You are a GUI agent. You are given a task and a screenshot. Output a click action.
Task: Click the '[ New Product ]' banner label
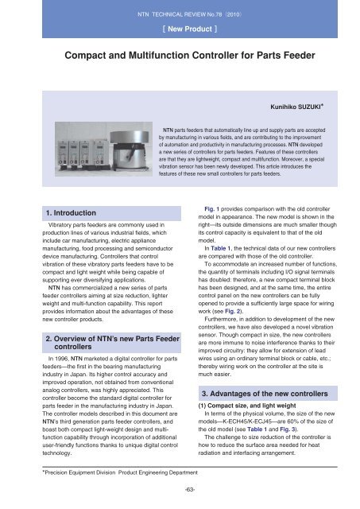pyautogui.click(x=190, y=29)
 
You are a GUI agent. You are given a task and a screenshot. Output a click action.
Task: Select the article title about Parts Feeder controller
pyautogui.click(x=190, y=55)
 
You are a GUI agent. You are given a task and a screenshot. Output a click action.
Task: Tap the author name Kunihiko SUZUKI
pyautogui.click(x=296, y=107)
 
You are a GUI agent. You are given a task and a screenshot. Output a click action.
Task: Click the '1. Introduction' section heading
pyautogui.click(x=71, y=213)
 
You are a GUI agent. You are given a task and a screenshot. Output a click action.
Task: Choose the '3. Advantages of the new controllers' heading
pyautogui.click(x=265, y=394)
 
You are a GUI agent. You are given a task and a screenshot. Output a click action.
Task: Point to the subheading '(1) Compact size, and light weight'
pyautogui.click(x=247, y=406)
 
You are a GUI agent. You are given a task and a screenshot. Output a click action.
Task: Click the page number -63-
pyautogui.click(x=190, y=490)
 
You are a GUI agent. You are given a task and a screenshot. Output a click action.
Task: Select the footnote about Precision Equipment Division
pyautogui.click(x=120, y=472)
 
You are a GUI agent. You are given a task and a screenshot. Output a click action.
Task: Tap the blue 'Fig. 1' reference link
pyautogui.click(x=211, y=209)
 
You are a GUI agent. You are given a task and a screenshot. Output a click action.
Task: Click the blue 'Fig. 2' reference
pyautogui.click(x=233, y=311)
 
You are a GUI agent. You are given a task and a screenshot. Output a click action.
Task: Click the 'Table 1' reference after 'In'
pyautogui.click(x=221, y=248)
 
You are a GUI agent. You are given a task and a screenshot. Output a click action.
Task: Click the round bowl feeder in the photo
pyautogui.click(x=130, y=150)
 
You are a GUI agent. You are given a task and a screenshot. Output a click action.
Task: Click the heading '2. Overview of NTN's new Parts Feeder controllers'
pyautogui.click(x=112, y=343)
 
